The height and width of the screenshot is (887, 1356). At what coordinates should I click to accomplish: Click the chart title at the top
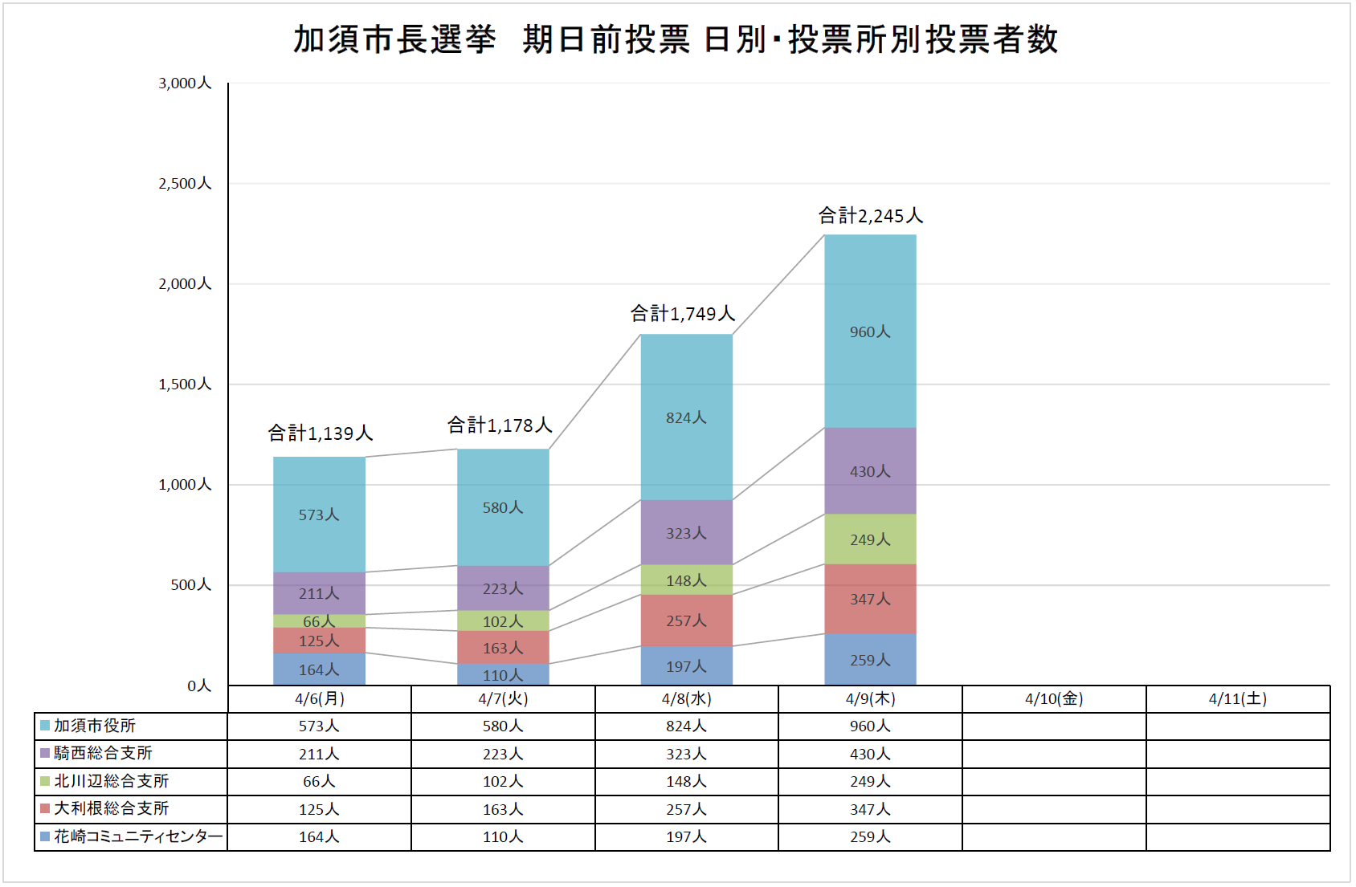pos(676,39)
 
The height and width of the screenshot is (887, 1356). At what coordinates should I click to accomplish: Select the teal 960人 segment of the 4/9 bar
pos(870,332)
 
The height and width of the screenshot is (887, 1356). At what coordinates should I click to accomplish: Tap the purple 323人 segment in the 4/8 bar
pos(686,533)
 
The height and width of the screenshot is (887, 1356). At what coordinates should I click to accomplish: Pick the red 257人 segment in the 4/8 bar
pos(686,620)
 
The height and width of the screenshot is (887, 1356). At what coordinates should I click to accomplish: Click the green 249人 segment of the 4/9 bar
pos(870,539)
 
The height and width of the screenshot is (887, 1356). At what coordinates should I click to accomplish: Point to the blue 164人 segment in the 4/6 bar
pos(319,669)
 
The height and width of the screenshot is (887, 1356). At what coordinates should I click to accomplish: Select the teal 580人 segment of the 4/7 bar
pos(503,507)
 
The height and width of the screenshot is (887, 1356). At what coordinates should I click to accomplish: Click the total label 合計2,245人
pos(870,216)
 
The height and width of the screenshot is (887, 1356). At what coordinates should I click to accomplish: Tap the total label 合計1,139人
pos(320,433)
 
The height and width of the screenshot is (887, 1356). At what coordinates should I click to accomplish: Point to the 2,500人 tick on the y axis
pos(185,184)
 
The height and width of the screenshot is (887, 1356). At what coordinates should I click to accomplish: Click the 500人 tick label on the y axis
pos(190,585)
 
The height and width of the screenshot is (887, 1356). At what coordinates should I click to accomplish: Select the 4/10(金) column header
pos(1054,699)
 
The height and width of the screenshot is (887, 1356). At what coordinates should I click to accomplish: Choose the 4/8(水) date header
pos(686,699)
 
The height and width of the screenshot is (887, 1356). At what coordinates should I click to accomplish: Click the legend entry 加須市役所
pos(95,726)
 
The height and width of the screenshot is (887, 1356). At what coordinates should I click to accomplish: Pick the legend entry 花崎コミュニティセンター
pos(137,836)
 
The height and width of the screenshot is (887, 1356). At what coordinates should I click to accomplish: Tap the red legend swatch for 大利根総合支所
pos(45,808)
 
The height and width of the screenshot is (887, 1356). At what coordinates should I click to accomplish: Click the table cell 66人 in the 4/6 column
pos(319,782)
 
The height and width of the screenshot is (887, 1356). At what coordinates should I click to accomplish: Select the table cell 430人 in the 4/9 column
pos(870,754)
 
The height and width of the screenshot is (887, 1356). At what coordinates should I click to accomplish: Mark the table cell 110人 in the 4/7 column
pos(503,837)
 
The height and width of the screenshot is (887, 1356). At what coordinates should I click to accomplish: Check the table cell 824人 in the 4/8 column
pos(686,726)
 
